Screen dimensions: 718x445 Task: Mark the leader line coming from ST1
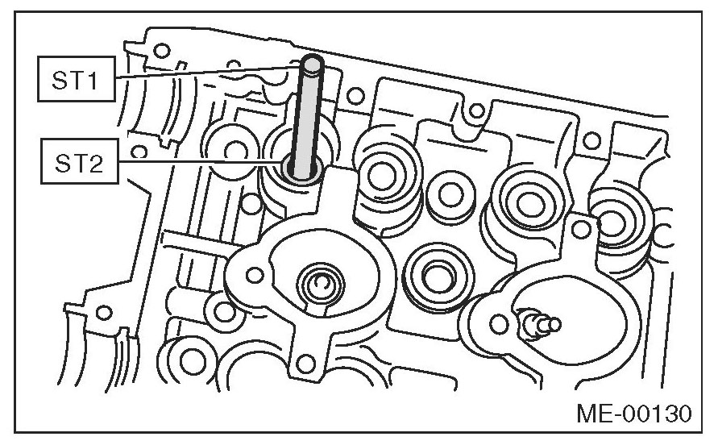(201, 72)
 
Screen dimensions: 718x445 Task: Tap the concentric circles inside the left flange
(320, 284)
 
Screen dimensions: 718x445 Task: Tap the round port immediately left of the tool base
(236, 150)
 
